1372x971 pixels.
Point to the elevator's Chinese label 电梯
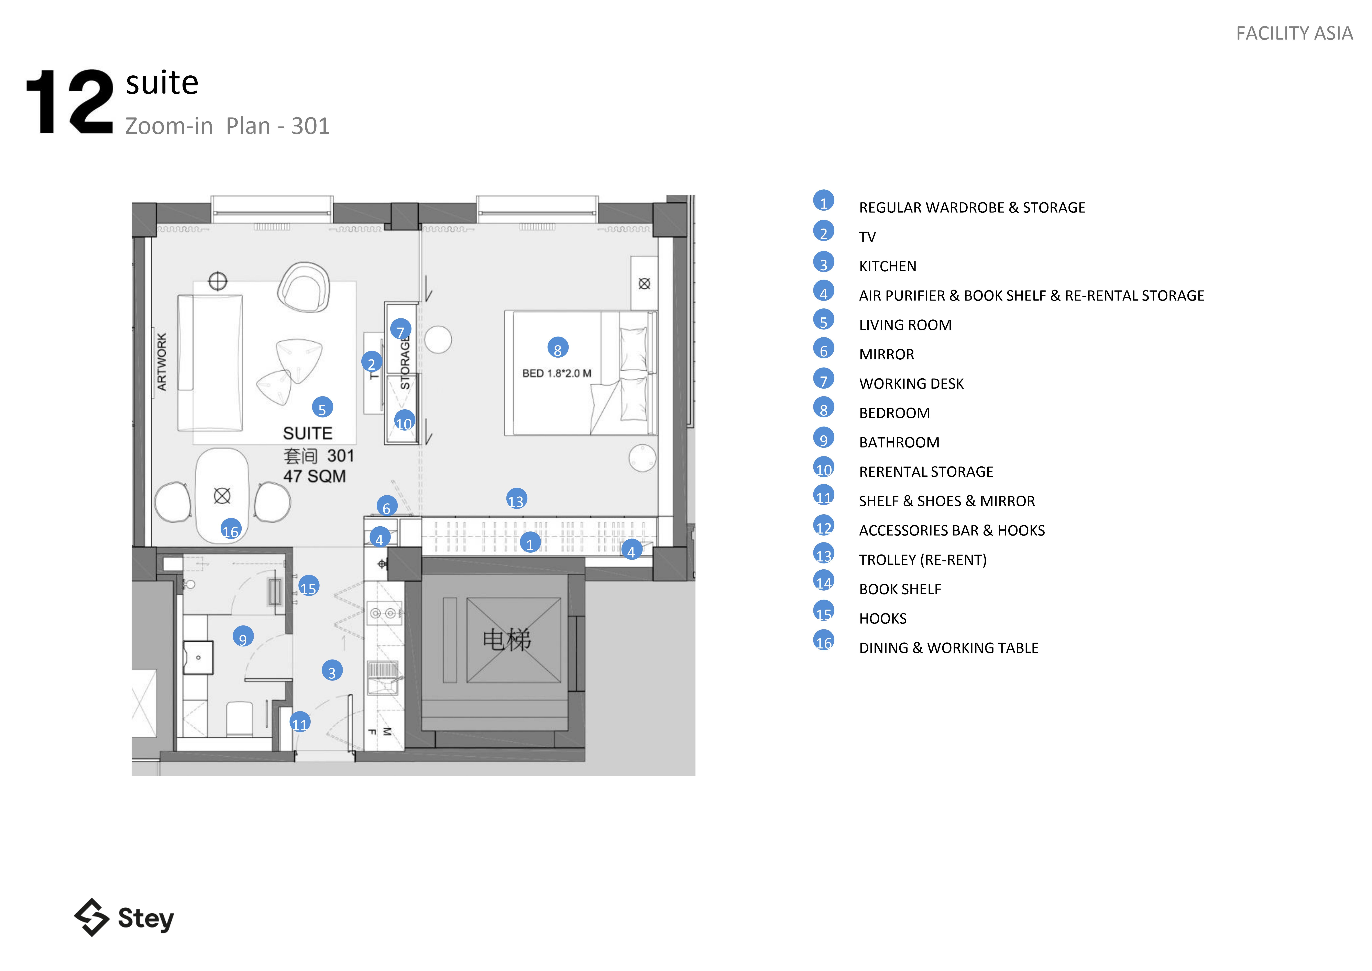click(507, 640)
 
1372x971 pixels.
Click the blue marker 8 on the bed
click(558, 348)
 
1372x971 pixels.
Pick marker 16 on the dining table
click(231, 530)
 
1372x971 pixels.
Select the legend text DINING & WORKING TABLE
click(948, 648)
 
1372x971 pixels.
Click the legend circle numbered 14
click(823, 581)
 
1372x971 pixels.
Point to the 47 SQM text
click(314, 477)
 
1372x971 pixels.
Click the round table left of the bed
click(438, 340)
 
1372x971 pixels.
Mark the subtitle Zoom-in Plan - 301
click(227, 126)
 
